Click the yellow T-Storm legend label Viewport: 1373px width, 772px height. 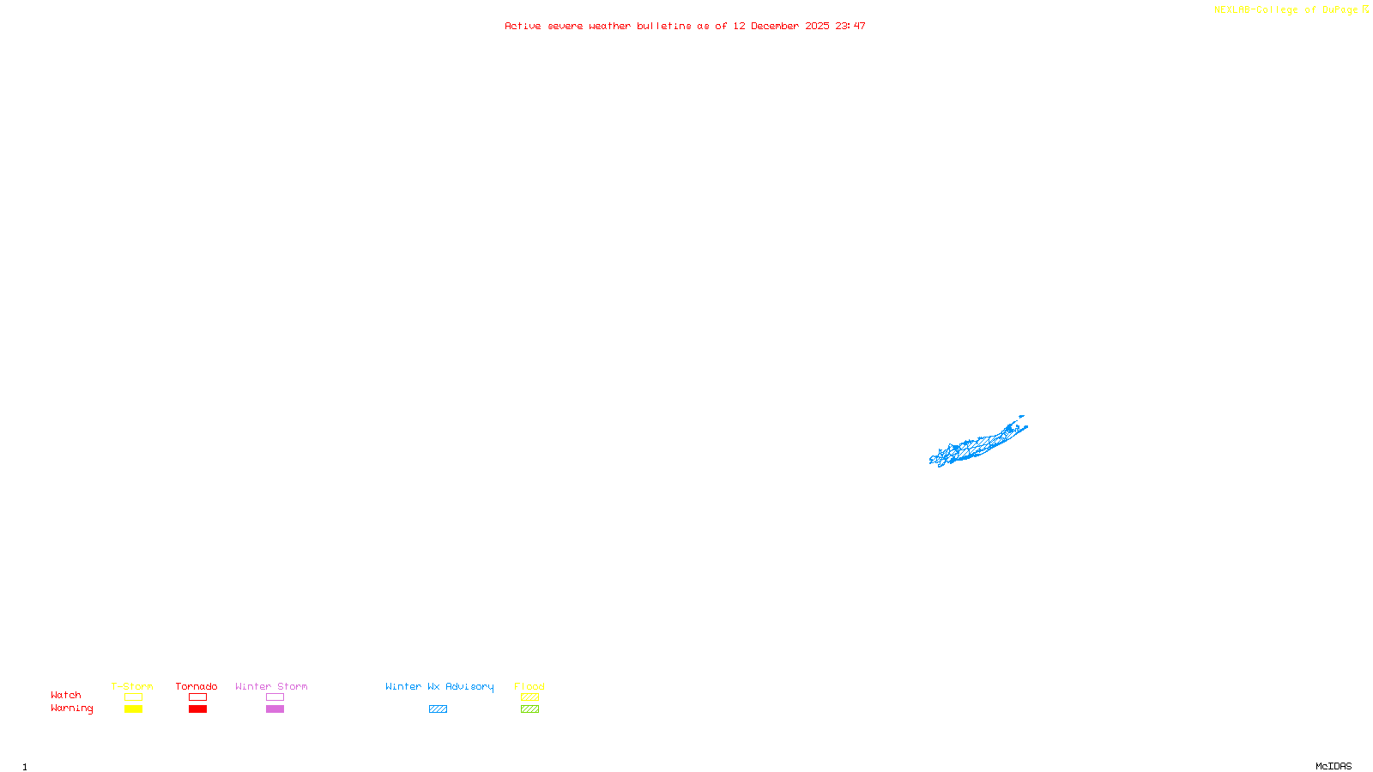[x=132, y=686]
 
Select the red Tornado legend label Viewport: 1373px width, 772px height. [x=197, y=686]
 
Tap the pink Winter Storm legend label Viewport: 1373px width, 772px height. [x=271, y=686]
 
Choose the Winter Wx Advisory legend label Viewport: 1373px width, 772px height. [x=439, y=686]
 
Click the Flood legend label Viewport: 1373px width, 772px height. [x=529, y=686]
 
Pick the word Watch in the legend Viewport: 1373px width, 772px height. [x=66, y=695]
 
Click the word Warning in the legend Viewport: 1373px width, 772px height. [x=72, y=709]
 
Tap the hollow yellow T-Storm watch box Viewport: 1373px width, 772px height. [x=133, y=697]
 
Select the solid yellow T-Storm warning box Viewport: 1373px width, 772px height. [x=133, y=709]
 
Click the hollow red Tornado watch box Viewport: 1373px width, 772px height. [x=197, y=697]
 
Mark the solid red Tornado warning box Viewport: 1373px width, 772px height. [x=197, y=709]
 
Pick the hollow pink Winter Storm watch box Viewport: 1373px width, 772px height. [x=275, y=697]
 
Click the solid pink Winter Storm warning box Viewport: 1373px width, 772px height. [x=275, y=709]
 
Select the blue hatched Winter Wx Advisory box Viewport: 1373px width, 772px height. [x=438, y=709]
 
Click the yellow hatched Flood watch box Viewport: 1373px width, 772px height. [x=529, y=697]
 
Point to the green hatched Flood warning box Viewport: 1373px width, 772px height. [x=529, y=709]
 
